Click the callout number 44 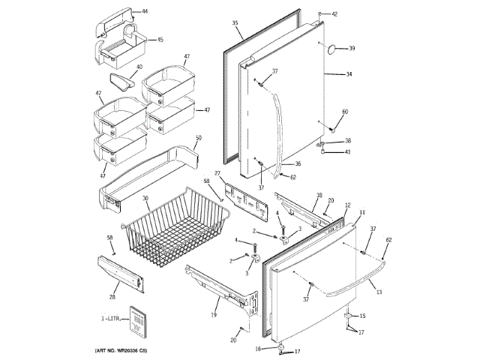pyautogui.click(x=145, y=12)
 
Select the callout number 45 pyautogui.click(x=160, y=40)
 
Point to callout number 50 pyautogui.click(x=198, y=138)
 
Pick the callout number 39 pyautogui.click(x=351, y=49)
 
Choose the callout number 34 pyautogui.click(x=349, y=74)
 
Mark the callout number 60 pyautogui.click(x=345, y=112)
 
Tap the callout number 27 pyautogui.click(x=218, y=174)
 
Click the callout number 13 pyautogui.click(x=379, y=292)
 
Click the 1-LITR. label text pyautogui.click(x=112, y=319)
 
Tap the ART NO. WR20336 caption pyautogui.click(x=130, y=351)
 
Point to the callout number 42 pyautogui.click(x=334, y=14)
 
